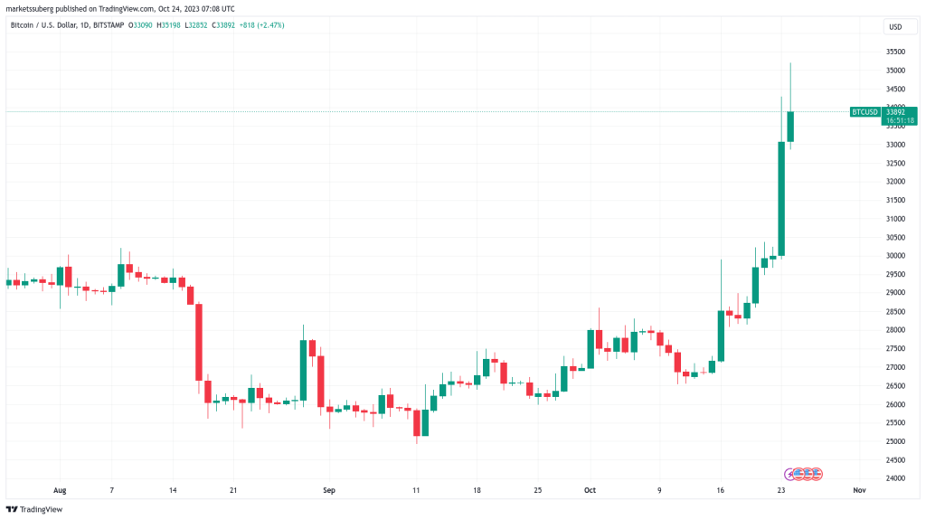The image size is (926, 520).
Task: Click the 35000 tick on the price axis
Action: [894, 71]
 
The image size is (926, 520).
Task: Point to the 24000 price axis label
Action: [894, 478]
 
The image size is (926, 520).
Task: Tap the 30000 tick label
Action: [894, 256]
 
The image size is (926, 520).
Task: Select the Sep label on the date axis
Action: [329, 490]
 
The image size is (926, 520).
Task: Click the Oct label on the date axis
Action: [590, 490]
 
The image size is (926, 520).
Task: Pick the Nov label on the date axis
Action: [859, 490]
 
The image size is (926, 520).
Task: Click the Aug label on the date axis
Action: [60, 490]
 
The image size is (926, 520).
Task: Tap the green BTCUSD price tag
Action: [865, 112]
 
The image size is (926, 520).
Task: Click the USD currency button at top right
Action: [894, 27]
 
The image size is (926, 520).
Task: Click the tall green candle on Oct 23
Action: [781, 199]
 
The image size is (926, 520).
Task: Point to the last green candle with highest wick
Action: [790, 127]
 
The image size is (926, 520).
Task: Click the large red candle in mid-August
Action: [198, 342]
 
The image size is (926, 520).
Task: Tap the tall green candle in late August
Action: [304, 371]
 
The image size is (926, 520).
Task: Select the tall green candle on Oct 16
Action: [721, 336]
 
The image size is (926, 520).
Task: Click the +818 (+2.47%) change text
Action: [260, 24]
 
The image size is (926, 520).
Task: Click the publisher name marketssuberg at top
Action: [30, 9]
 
